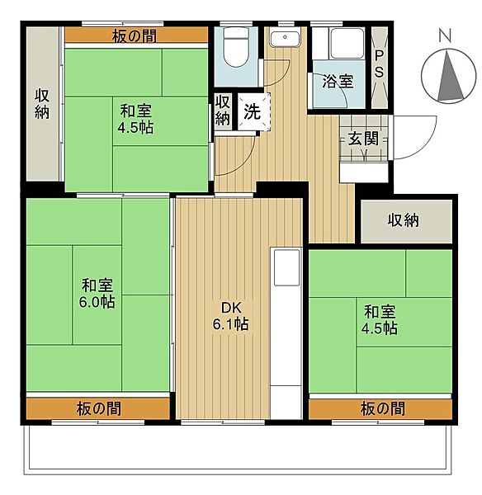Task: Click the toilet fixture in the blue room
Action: coord(235,47)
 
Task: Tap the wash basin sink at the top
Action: coord(285,39)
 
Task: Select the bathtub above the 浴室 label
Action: coord(347,43)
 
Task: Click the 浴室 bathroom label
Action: coord(338,82)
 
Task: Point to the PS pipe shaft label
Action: coord(379,64)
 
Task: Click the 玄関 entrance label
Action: coord(363,139)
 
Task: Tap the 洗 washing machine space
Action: coord(253,111)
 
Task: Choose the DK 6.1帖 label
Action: coord(230,316)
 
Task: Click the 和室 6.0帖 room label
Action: coord(97,294)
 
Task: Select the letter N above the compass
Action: coord(445,35)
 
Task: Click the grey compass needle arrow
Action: coord(450,76)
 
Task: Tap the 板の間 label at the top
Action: coord(135,36)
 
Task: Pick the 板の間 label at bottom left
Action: coord(98,409)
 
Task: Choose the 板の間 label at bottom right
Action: coord(382,409)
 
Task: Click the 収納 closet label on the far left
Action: coord(42,104)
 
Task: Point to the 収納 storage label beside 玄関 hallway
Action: coord(404,220)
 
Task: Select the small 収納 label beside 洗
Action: coord(223,111)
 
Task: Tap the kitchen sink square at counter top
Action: coord(286,267)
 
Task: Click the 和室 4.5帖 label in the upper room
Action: coord(136,120)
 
